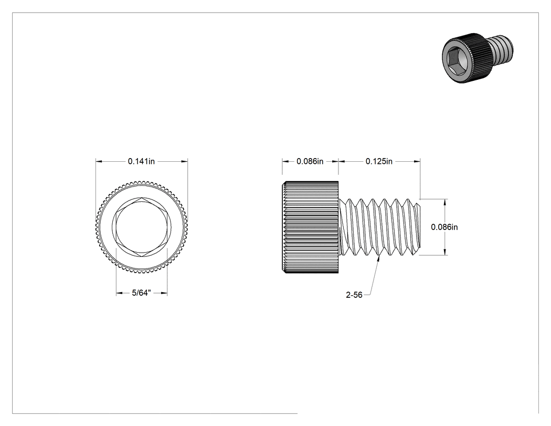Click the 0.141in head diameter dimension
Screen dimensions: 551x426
pos(141,161)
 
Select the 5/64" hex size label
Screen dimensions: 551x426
pos(141,293)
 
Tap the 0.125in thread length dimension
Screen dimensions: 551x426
pos(379,161)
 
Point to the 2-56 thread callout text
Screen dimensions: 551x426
pos(354,295)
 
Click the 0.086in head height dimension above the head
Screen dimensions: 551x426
pos(310,161)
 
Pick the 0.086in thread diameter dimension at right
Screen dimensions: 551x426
pos(444,227)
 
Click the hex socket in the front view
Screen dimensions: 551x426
pos(142,227)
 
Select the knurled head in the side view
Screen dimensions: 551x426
pos(310,227)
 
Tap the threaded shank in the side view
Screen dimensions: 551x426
pos(379,227)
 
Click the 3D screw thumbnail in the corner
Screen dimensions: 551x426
pos(478,57)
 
